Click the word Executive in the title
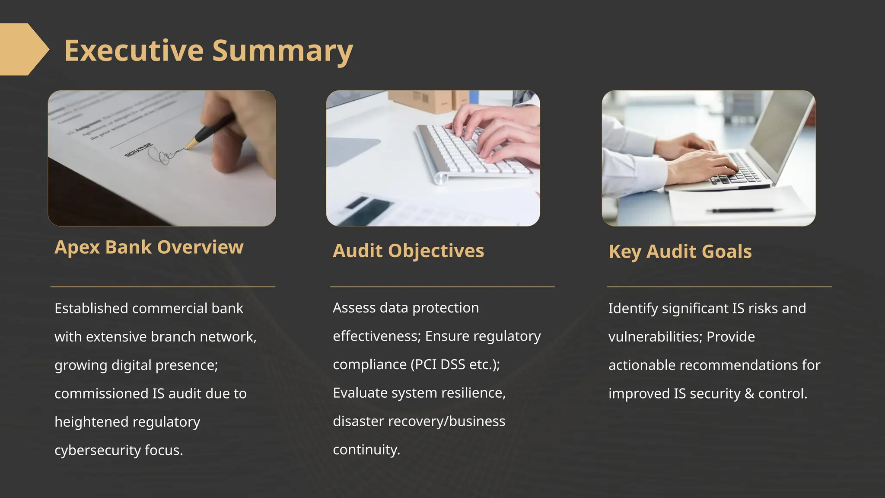(134, 51)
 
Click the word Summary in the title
(283, 51)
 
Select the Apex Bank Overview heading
(149, 247)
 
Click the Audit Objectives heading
(408, 251)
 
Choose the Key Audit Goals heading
(680, 252)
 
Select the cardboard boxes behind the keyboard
(428, 100)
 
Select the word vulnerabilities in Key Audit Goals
(654, 337)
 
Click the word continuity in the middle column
(366, 450)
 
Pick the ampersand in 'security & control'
(749, 394)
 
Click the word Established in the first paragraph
(91, 309)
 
